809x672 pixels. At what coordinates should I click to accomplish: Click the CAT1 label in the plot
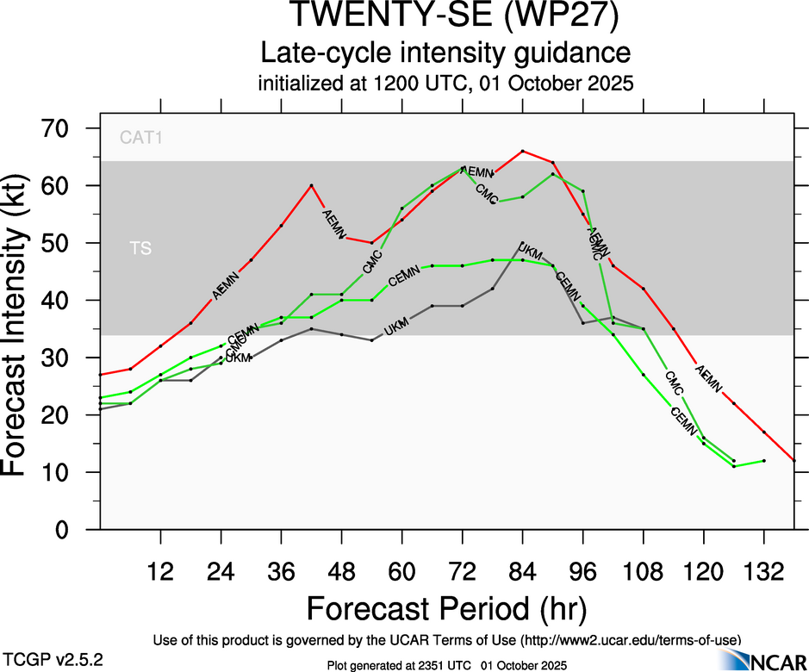(x=141, y=136)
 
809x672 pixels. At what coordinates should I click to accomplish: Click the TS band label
(x=140, y=249)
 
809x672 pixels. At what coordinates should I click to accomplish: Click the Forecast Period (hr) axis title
(x=446, y=608)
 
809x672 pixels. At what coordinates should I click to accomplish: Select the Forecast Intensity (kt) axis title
(x=25, y=328)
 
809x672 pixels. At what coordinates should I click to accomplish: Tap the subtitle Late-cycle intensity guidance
(x=446, y=53)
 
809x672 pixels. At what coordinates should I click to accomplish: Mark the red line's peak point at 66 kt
(x=522, y=151)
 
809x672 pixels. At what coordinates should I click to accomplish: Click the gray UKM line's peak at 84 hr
(x=522, y=243)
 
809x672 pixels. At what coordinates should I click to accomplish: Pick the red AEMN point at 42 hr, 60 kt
(x=311, y=185)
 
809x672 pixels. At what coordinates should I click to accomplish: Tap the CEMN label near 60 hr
(x=403, y=277)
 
